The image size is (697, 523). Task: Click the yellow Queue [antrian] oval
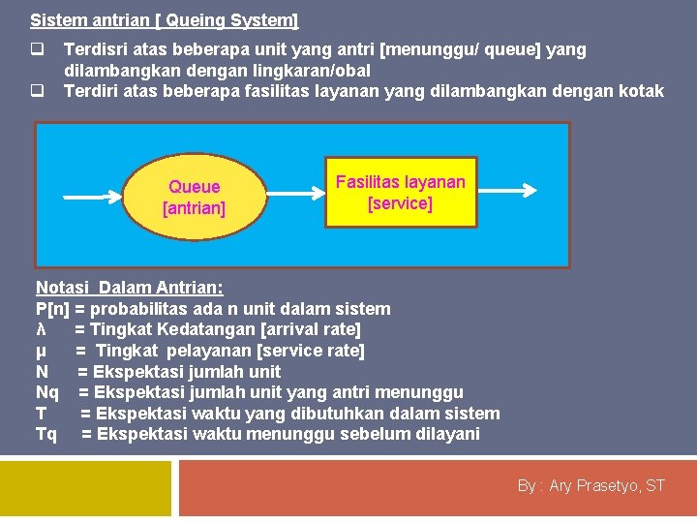[194, 197]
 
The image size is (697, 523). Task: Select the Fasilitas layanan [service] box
[400, 193]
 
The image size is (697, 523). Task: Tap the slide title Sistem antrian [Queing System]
[165, 19]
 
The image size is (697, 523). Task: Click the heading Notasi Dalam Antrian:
[129, 288]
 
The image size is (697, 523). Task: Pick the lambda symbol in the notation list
[41, 330]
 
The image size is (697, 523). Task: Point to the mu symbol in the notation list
[41, 351]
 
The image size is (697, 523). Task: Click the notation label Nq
[46, 392]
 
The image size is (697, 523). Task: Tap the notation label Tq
[45, 434]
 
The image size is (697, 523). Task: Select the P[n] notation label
[52, 309]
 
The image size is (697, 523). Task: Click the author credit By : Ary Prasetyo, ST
[591, 485]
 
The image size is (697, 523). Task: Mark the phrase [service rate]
[311, 351]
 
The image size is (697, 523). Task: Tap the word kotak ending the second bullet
[643, 91]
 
